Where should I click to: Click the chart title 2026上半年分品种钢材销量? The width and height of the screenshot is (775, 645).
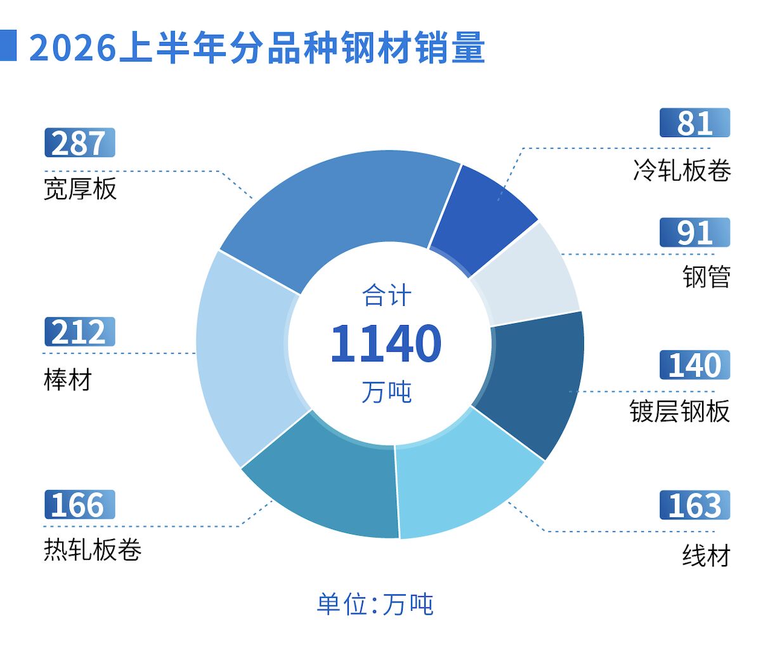pyautogui.click(x=257, y=48)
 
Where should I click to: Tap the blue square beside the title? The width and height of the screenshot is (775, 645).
pyautogui.click(x=8, y=45)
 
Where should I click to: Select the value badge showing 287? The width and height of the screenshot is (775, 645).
pyautogui.click(x=80, y=143)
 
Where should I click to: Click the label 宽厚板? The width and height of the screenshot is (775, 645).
pyautogui.click(x=80, y=189)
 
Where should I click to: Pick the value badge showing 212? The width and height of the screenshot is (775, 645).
pyautogui.click(x=80, y=332)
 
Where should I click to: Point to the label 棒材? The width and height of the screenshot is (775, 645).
pyautogui.click(x=68, y=380)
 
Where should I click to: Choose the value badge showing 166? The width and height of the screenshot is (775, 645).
pyautogui.click(x=80, y=505)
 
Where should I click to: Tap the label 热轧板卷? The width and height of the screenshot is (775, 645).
pyautogui.click(x=93, y=550)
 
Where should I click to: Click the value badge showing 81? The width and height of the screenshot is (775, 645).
pyautogui.click(x=695, y=123)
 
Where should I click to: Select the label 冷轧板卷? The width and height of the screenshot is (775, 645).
pyautogui.click(x=682, y=171)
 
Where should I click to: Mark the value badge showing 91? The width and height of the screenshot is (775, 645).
pyautogui.click(x=695, y=232)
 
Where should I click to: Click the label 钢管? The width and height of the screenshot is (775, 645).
pyautogui.click(x=707, y=277)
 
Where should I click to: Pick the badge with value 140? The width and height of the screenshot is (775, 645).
pyautogui.click(x=695, y=365)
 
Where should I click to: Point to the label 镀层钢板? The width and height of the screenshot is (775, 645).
pyautogui.click(x=680, y=411)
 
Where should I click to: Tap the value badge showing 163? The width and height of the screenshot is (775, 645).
pyautogui.click(x=695, y=505)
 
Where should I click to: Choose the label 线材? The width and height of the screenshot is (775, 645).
pyautogui.click(x=707, y=555)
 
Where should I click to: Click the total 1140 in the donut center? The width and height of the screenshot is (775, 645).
pyautogui.click(x=386, y=343)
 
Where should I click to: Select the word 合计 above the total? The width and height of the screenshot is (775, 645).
pyautogui.click(x=387, y=295)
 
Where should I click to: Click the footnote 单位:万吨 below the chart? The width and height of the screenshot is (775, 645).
pyautogui.click(x=375, y=604)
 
